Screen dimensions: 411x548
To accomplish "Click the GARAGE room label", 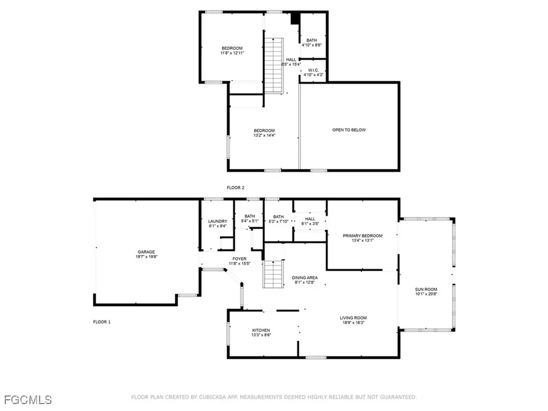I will (x=146, y=252).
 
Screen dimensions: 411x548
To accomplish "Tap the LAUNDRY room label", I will (x=218, y=221).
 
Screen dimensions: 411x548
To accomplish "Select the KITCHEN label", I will (x=261, y=330).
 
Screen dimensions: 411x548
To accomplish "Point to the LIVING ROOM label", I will (x=353, y=318).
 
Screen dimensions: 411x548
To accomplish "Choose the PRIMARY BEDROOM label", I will (x=363, y=236).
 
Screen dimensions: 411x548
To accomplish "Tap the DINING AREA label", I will (x=305, y=278).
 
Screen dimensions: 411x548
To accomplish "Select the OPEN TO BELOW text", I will (x=349, y=130).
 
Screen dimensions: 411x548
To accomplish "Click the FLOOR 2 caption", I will (x=235, y=187).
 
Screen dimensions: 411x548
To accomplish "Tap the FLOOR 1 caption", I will (x=102, y=322).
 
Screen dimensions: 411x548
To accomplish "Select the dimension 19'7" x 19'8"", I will (x=146, y=257).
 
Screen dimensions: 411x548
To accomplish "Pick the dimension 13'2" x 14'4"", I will (x=264, y=135).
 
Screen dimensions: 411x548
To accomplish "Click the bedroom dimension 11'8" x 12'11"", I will (x=232, y=53).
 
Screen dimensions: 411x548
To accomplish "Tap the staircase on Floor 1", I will (x=273, y=274).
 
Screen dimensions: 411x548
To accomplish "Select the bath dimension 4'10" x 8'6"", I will (x=311, y=45).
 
